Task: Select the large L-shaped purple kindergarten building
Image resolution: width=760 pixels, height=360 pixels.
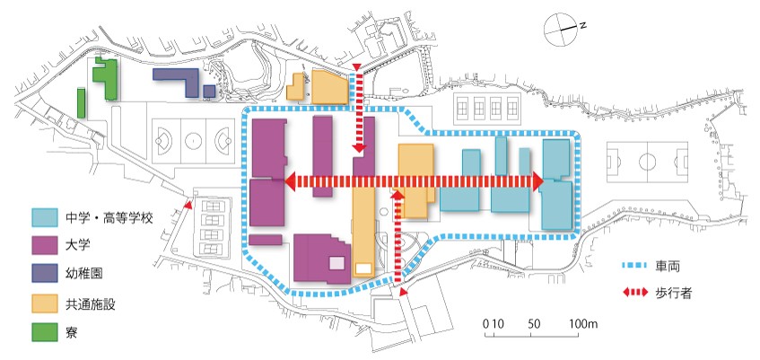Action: coord(178,81)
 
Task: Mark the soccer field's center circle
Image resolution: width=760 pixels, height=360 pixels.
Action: coord(647,162)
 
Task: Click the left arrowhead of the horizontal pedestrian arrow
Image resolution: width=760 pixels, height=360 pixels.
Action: coord(290,181)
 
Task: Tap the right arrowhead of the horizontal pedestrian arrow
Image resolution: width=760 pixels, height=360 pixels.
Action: coord(538,181)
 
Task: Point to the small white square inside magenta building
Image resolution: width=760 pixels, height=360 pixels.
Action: coord(336,263)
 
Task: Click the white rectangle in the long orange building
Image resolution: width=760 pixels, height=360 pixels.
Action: coord(363,268)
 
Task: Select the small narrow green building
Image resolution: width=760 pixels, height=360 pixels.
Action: coord(82,103)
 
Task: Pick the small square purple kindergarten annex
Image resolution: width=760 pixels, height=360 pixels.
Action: coord(209,92)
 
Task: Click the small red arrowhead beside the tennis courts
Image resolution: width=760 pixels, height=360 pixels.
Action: coord(188,206)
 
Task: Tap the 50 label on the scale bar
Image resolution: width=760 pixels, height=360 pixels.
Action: coord(535,324)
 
